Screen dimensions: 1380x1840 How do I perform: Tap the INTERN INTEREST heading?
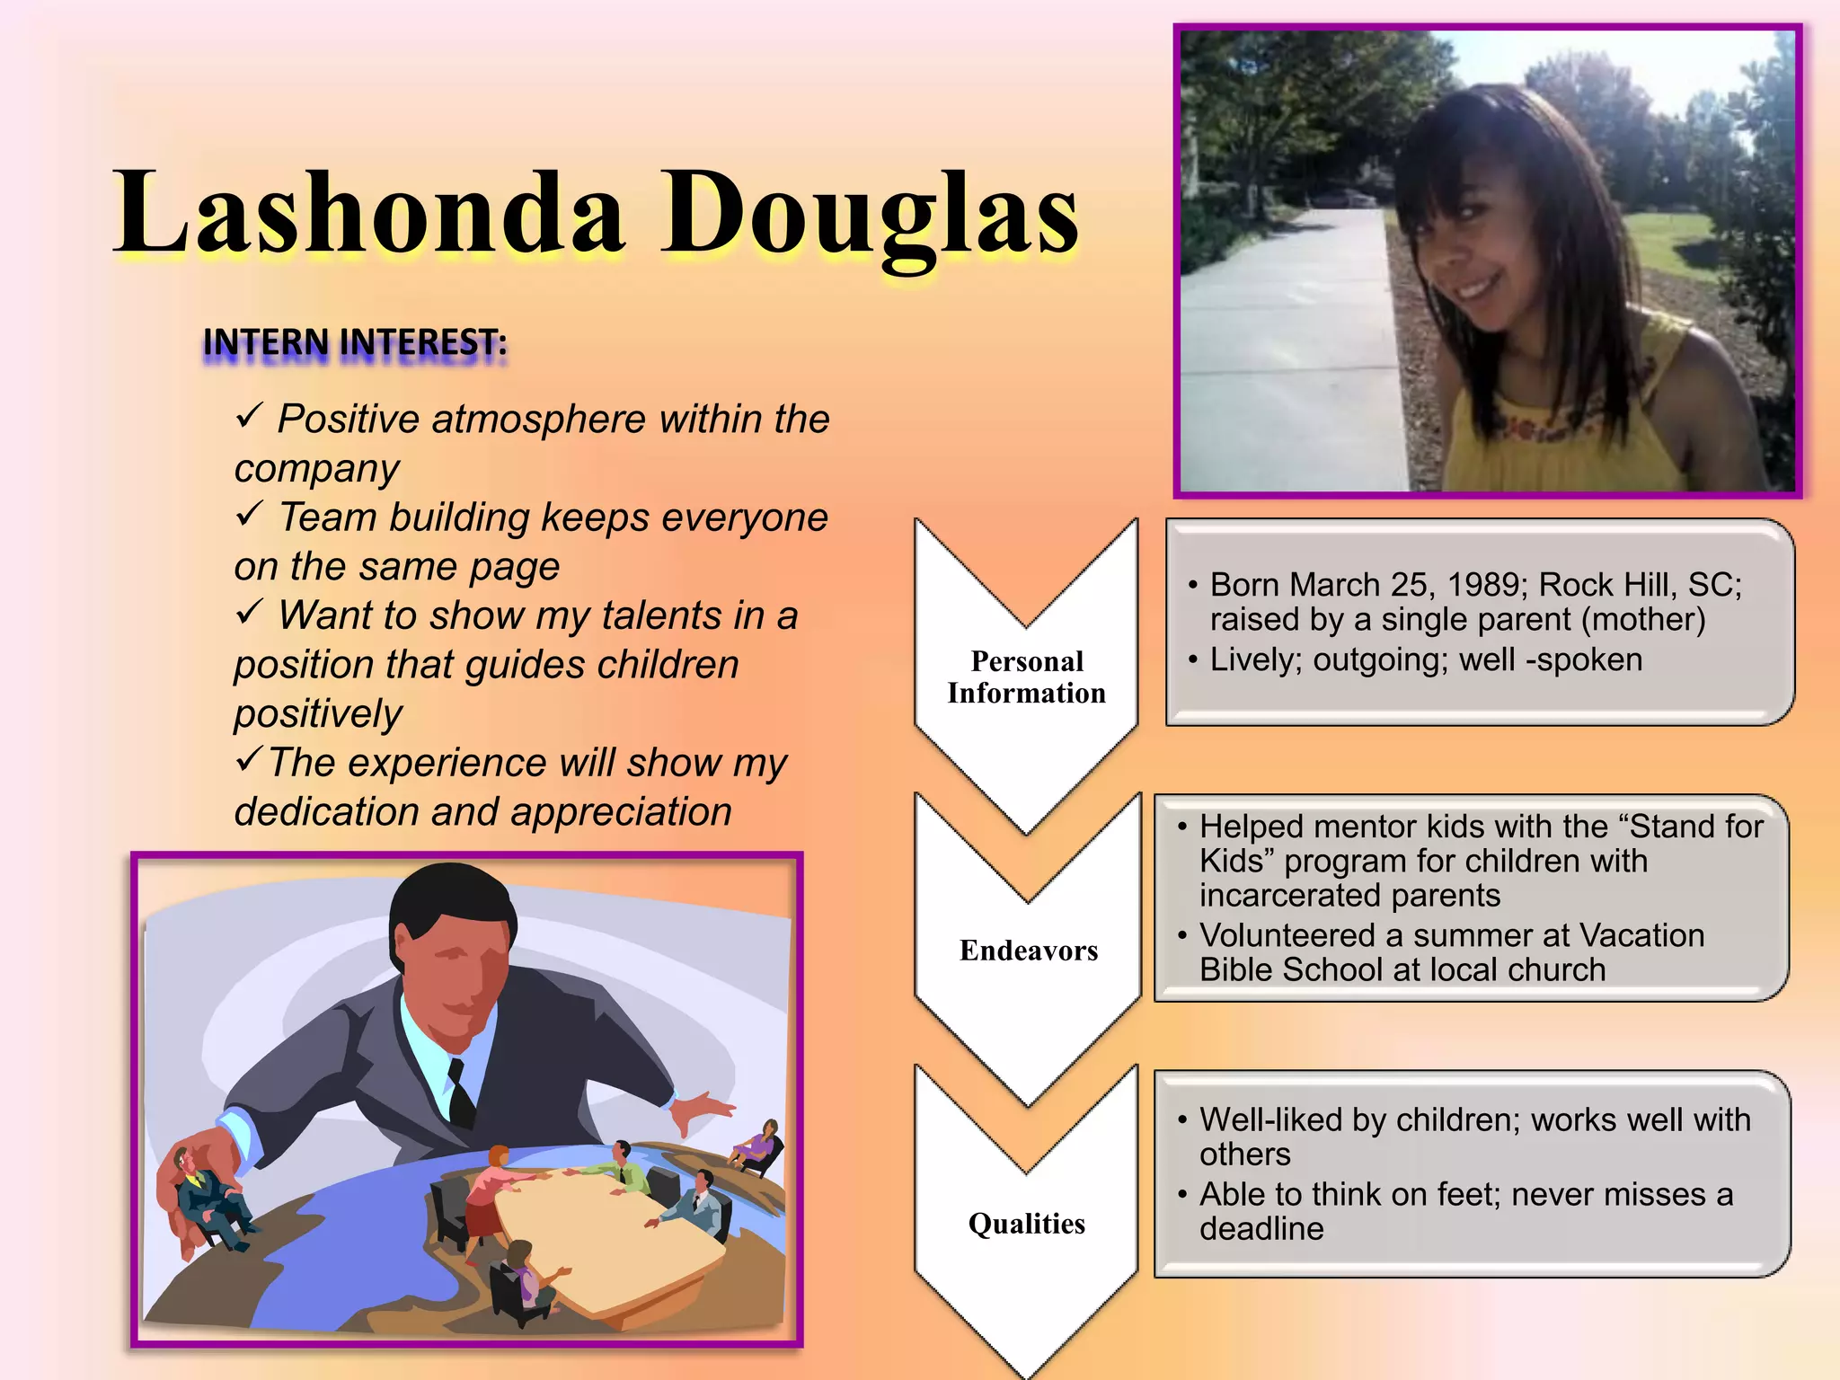[355, 343]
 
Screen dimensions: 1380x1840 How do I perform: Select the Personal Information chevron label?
[1027, 677]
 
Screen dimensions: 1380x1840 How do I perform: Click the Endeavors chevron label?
[1029, 951]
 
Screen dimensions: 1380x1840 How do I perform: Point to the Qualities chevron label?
[1027, 1224]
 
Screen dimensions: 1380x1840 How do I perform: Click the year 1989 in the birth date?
[1487, 585]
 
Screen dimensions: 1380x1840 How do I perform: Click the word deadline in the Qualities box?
[1261, 1229]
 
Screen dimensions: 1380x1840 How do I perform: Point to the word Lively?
[1255, 660]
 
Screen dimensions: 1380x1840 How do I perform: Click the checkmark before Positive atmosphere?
[249, 416]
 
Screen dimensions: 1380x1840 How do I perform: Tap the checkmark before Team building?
[249, 515]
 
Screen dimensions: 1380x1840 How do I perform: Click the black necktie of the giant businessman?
[461, 1092]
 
